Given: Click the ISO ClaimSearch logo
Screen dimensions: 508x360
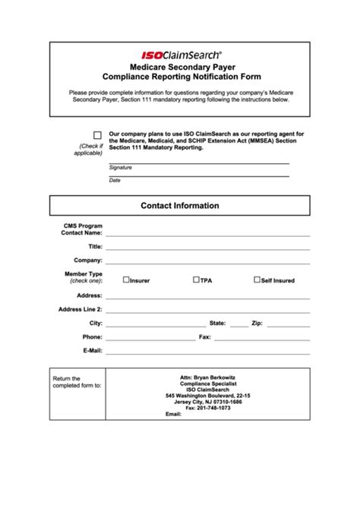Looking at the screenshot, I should click(181, 55).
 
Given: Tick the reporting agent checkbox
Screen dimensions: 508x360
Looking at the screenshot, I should click(97, 135).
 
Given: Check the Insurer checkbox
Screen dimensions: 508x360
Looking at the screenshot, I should click(126, 279).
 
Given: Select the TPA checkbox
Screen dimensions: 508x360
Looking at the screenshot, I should click(197, 279).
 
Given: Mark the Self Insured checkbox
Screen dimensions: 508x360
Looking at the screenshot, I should click(257, 279).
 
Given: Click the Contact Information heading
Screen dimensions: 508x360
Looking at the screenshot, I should click(180, 206).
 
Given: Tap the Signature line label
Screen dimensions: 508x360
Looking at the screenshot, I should click(120, 167).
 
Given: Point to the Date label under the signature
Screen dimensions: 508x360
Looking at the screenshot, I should click(115, 180).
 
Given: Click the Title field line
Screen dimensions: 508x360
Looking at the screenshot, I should click(207, 248).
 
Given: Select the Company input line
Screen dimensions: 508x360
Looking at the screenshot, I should click(207, 262).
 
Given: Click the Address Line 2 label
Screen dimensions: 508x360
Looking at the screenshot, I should click(80, 309).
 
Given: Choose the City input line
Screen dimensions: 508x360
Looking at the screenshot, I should click(156, 325).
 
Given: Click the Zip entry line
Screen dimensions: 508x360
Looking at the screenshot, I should click(289, 325).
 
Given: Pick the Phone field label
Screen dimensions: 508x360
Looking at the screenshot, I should click(92, 337).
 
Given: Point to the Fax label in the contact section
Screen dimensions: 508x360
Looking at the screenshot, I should click(204, 337).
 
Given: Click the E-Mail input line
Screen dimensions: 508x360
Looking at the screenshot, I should click(207, 352).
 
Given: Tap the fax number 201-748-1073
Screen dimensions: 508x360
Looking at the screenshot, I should click(213, 409).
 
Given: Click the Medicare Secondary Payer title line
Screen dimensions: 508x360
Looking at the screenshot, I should click(181, 68).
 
